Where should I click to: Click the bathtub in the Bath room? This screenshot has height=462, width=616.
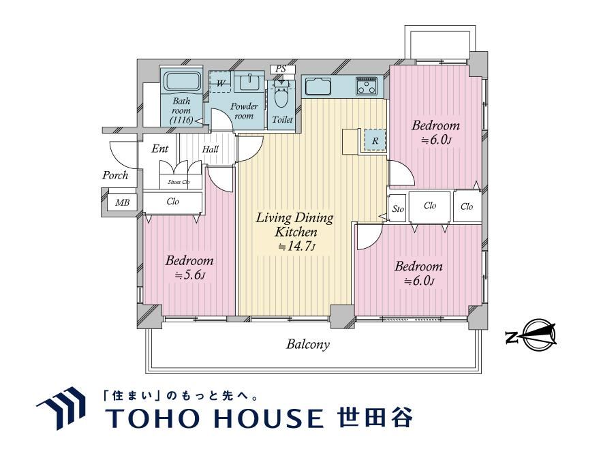click(x=182, y=82)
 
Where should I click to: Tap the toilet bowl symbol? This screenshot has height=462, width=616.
click(x=281, y=94)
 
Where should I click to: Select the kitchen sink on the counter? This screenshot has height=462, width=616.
click(x=318, y=87)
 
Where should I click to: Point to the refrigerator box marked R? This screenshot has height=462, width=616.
click(x=375, y=140)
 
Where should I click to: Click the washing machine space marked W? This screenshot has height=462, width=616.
click(x=220, y=82)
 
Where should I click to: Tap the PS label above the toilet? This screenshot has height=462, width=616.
click(x=280, y=69)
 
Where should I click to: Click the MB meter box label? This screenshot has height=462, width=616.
click(x=123, y=202)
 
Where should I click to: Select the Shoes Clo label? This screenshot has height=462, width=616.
click(x=179, y=182)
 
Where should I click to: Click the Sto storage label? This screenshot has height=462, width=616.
click(x=398, y=209)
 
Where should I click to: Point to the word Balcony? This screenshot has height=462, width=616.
click(x=307, y=345)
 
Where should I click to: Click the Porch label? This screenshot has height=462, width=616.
click(x=115, y=175)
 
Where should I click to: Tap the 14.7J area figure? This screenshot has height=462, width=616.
click(x=296, y=246)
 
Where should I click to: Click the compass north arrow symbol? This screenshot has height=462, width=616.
click(x=532, y=335)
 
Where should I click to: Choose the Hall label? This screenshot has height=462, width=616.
click(x=210, y=149)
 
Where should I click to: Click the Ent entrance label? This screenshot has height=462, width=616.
click(x=160, y=149)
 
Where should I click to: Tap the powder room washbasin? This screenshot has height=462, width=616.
click(x=249, y=82)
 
